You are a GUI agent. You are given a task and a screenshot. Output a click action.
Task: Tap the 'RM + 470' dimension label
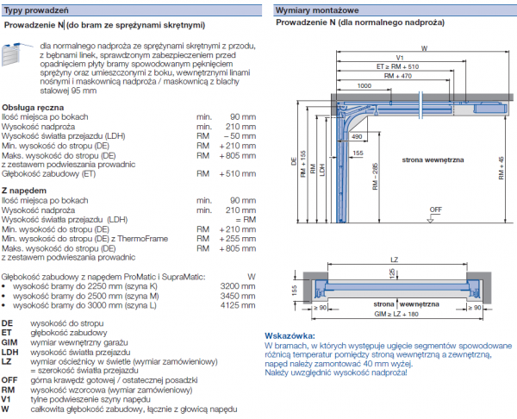click(401, 76)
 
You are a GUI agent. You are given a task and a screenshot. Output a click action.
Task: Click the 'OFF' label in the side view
click(435, 209)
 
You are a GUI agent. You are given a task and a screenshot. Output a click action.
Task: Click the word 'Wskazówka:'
click(289, 335)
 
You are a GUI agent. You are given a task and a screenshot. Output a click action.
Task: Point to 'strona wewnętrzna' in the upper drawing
click(430, 159)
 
